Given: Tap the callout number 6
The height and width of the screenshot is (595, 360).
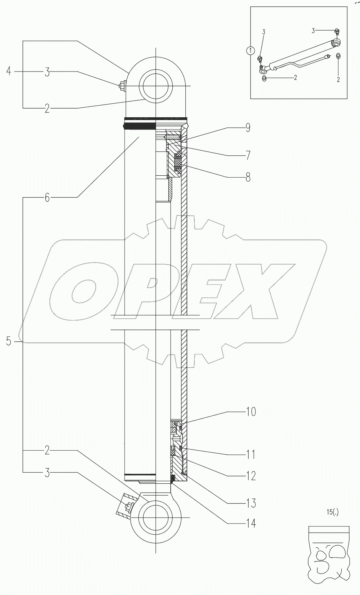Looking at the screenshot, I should point(47,198).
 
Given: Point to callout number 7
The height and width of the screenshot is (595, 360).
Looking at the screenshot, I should point(247,155).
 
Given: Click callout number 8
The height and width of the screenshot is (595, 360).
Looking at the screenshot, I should point(247,177).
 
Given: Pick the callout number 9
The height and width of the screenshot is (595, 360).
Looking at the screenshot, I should point(247,128).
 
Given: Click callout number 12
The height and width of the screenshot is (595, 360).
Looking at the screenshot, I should point(251,476).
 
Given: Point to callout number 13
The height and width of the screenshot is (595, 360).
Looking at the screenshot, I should point(251,504).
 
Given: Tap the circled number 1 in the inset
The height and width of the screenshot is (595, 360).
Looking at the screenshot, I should point(250,51).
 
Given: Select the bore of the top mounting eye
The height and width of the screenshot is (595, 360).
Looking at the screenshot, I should point(156,86).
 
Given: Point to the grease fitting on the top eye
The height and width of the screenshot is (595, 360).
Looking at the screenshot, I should point(122,85).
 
